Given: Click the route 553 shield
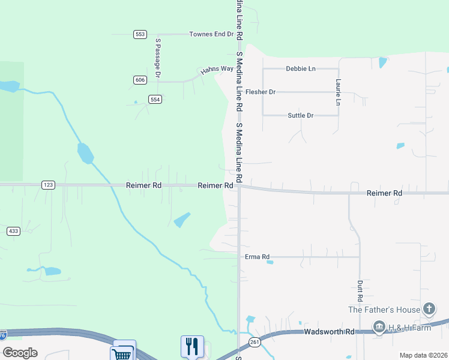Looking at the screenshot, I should pyautogui.click(x=140, y=34).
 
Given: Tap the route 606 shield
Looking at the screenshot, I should pyautogui.click(x=140, y=80).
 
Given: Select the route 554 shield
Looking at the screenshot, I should pyautogui.click(x=155, y=99).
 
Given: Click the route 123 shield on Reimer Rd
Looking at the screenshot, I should pyautogui.click(x=49, y=185).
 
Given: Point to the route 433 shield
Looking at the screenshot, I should pyautogui.click(x=13, y=230).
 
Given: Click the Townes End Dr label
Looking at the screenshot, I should pyautogui.click(x=211, y=34).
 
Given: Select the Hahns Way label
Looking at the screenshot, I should pyautogui.click(x=217, y=69).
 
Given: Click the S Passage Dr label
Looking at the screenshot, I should pyautogui.click(x=158, y=58).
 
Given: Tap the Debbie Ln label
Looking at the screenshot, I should pyautogui.click(x=301, y=68).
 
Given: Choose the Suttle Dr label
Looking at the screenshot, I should pyautogui.click(x=301, y=115).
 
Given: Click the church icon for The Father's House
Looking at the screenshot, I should pyautogui.click(x=429, y=310).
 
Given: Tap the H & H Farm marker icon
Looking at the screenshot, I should pyautogui.click(x=379, y=327).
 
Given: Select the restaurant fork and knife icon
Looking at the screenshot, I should pyautogui.click(x=192, y=346).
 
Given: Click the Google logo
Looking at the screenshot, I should pyautogui.click(x=20, y=353).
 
